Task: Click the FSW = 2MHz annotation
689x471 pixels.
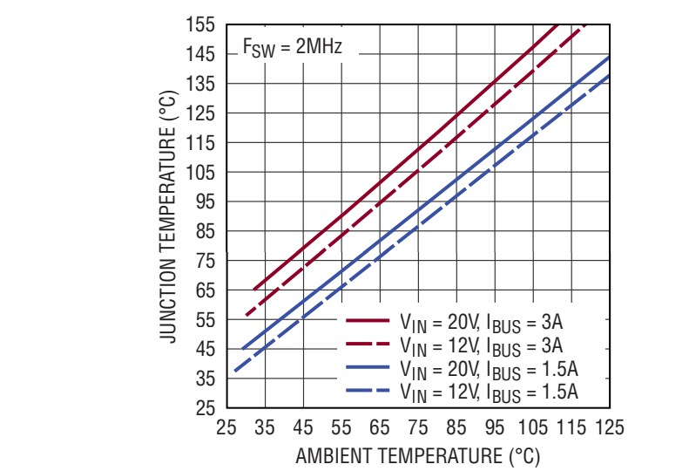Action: pyautogui.click(x=292, y=49)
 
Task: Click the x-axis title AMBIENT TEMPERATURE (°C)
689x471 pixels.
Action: pyautogui.click(x=417, y=456)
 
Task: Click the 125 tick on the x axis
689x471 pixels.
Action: pyautogui.click(x=609, y=427)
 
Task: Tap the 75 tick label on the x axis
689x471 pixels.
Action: pyautogui.click(x=417, y=427)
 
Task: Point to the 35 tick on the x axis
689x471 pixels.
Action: pyautogui.click(x=265, y=427)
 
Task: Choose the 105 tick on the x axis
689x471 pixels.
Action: pyautogui.click(x=532, y=427)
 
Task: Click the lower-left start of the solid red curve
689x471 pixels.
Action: pyautogui.click(x=253, y=289)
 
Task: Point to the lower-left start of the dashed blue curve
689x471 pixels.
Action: pyautogui.click(x=234, y=372)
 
